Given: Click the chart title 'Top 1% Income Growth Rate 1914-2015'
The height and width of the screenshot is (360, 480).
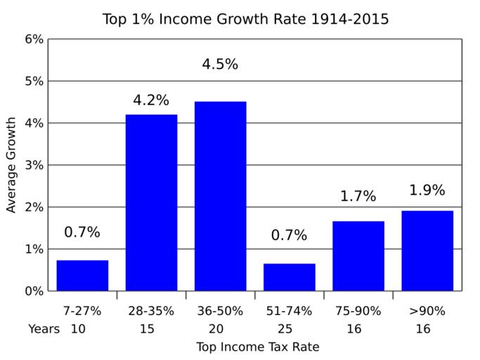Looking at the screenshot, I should pyautogui.click(x=245, y=18).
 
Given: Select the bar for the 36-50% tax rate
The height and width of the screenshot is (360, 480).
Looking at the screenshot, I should pyautogui.click(x=220, y=196).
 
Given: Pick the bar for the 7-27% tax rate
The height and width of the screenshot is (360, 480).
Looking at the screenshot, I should pyautogui.click(x=82, y=276).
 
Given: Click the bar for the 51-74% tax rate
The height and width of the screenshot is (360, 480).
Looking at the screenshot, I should pyautogui.click(x=289, y=277).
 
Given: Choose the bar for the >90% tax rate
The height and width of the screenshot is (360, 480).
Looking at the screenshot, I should pyautogui.click(x=427, y=250).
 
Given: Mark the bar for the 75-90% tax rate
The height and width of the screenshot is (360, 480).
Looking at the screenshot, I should pyautogui.click(x=358, y=256).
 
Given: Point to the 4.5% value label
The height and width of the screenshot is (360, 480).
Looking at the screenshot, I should pyautogui.click(x=220, y=65).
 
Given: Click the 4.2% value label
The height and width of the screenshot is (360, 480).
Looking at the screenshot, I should pyautogui.click(x=151, y=101).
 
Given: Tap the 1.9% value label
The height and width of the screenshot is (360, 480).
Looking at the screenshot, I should pyautogui.click(x=427, y=191).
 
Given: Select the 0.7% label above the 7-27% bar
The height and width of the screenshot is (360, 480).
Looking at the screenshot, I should pyautogui.click(x=82, y=232).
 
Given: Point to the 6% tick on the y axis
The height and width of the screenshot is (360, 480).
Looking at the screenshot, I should pyautogui.click(x=34, y=39).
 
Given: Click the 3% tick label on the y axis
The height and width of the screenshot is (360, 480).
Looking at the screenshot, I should pyautogui.click(x=34, y=165).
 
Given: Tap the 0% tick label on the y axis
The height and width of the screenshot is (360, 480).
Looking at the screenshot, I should pyautogui.click(x=34, y=291).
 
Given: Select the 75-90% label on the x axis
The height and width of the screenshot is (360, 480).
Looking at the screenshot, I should pyautogui.click(x=358, y=311).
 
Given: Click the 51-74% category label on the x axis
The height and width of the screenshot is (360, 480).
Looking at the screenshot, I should pyautogui.click(x=289, y=311).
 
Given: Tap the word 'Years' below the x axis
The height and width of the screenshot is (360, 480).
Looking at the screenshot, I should pyautogui.click(x=44, y=328).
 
